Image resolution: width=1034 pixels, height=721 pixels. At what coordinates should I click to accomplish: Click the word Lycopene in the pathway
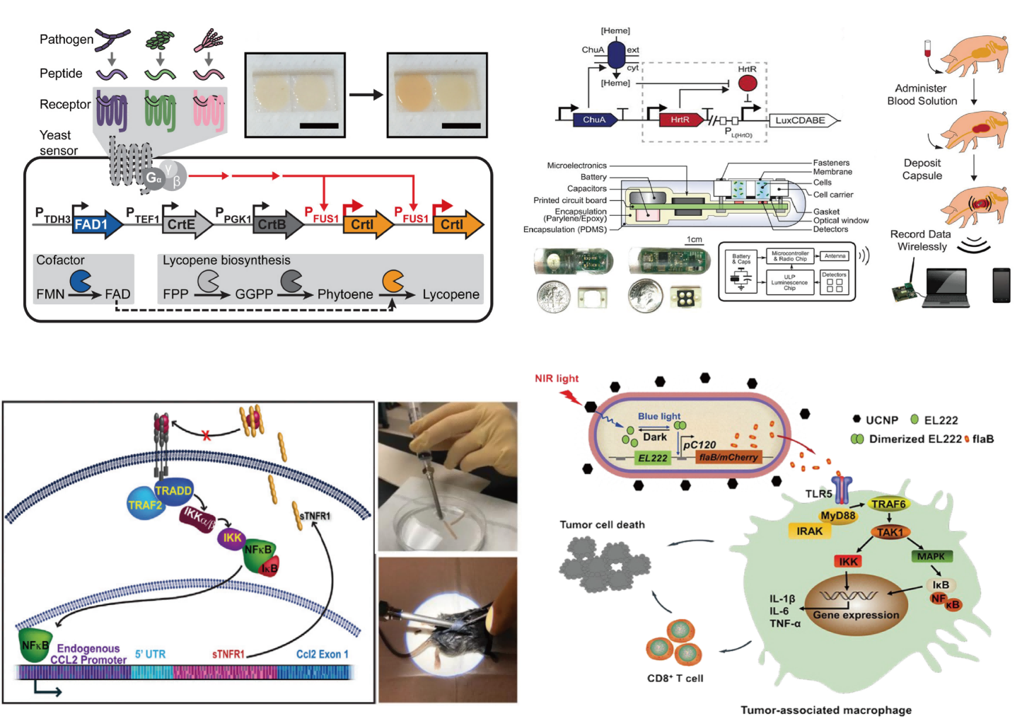[x=451, y=294]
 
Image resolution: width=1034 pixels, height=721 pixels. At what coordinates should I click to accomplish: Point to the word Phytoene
[x=344, y=294]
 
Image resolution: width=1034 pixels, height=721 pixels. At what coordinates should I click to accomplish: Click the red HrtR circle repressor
[x=748, y=83]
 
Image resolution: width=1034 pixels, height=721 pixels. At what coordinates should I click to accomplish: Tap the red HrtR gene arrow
[x=681, y=120]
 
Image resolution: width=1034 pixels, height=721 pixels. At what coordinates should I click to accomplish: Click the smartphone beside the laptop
[x=1001, y=285]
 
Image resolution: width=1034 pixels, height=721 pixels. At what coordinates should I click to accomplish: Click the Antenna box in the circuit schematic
[x=835, y=256]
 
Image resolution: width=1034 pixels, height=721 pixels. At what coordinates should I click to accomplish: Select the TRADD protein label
[x=173, y=490]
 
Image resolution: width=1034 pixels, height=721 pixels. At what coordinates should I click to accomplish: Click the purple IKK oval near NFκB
[x=232, y=538]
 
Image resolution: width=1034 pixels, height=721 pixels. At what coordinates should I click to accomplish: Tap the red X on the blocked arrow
[x=207, y=436]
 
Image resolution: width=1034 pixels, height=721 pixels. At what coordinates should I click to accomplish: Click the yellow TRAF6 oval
[x=888, y=504]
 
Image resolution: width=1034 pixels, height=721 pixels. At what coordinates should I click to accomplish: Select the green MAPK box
[x=931, y=556]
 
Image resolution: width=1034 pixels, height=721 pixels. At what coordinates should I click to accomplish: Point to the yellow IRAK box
[x=810, y=531]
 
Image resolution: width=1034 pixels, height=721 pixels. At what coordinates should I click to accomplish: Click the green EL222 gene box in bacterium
[x=652, y=458]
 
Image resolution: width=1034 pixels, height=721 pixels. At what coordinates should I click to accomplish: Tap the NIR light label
[x=557, y=379]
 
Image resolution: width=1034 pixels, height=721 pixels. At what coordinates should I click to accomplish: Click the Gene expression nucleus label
[x=856, y=615]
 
